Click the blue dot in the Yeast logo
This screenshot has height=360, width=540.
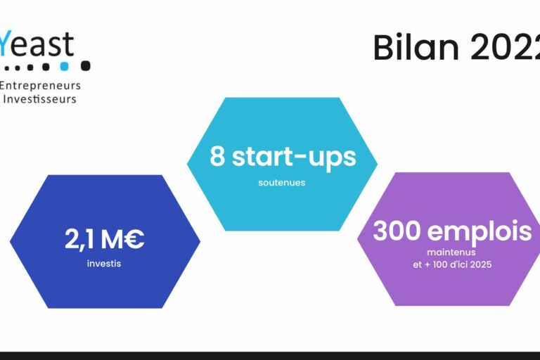coord(65,66)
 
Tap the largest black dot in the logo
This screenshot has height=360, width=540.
coord(85,66)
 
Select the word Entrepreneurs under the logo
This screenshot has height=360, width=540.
coord(41,86)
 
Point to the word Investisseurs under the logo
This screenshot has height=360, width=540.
coord(40,99)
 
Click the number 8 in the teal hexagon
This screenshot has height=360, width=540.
coord(217,157)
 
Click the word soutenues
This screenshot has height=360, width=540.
coord(281,183)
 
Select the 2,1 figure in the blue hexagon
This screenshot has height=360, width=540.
coord(79,240)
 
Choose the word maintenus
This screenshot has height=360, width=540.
coord(451,252)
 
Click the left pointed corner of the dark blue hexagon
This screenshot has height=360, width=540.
coord(11,241)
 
